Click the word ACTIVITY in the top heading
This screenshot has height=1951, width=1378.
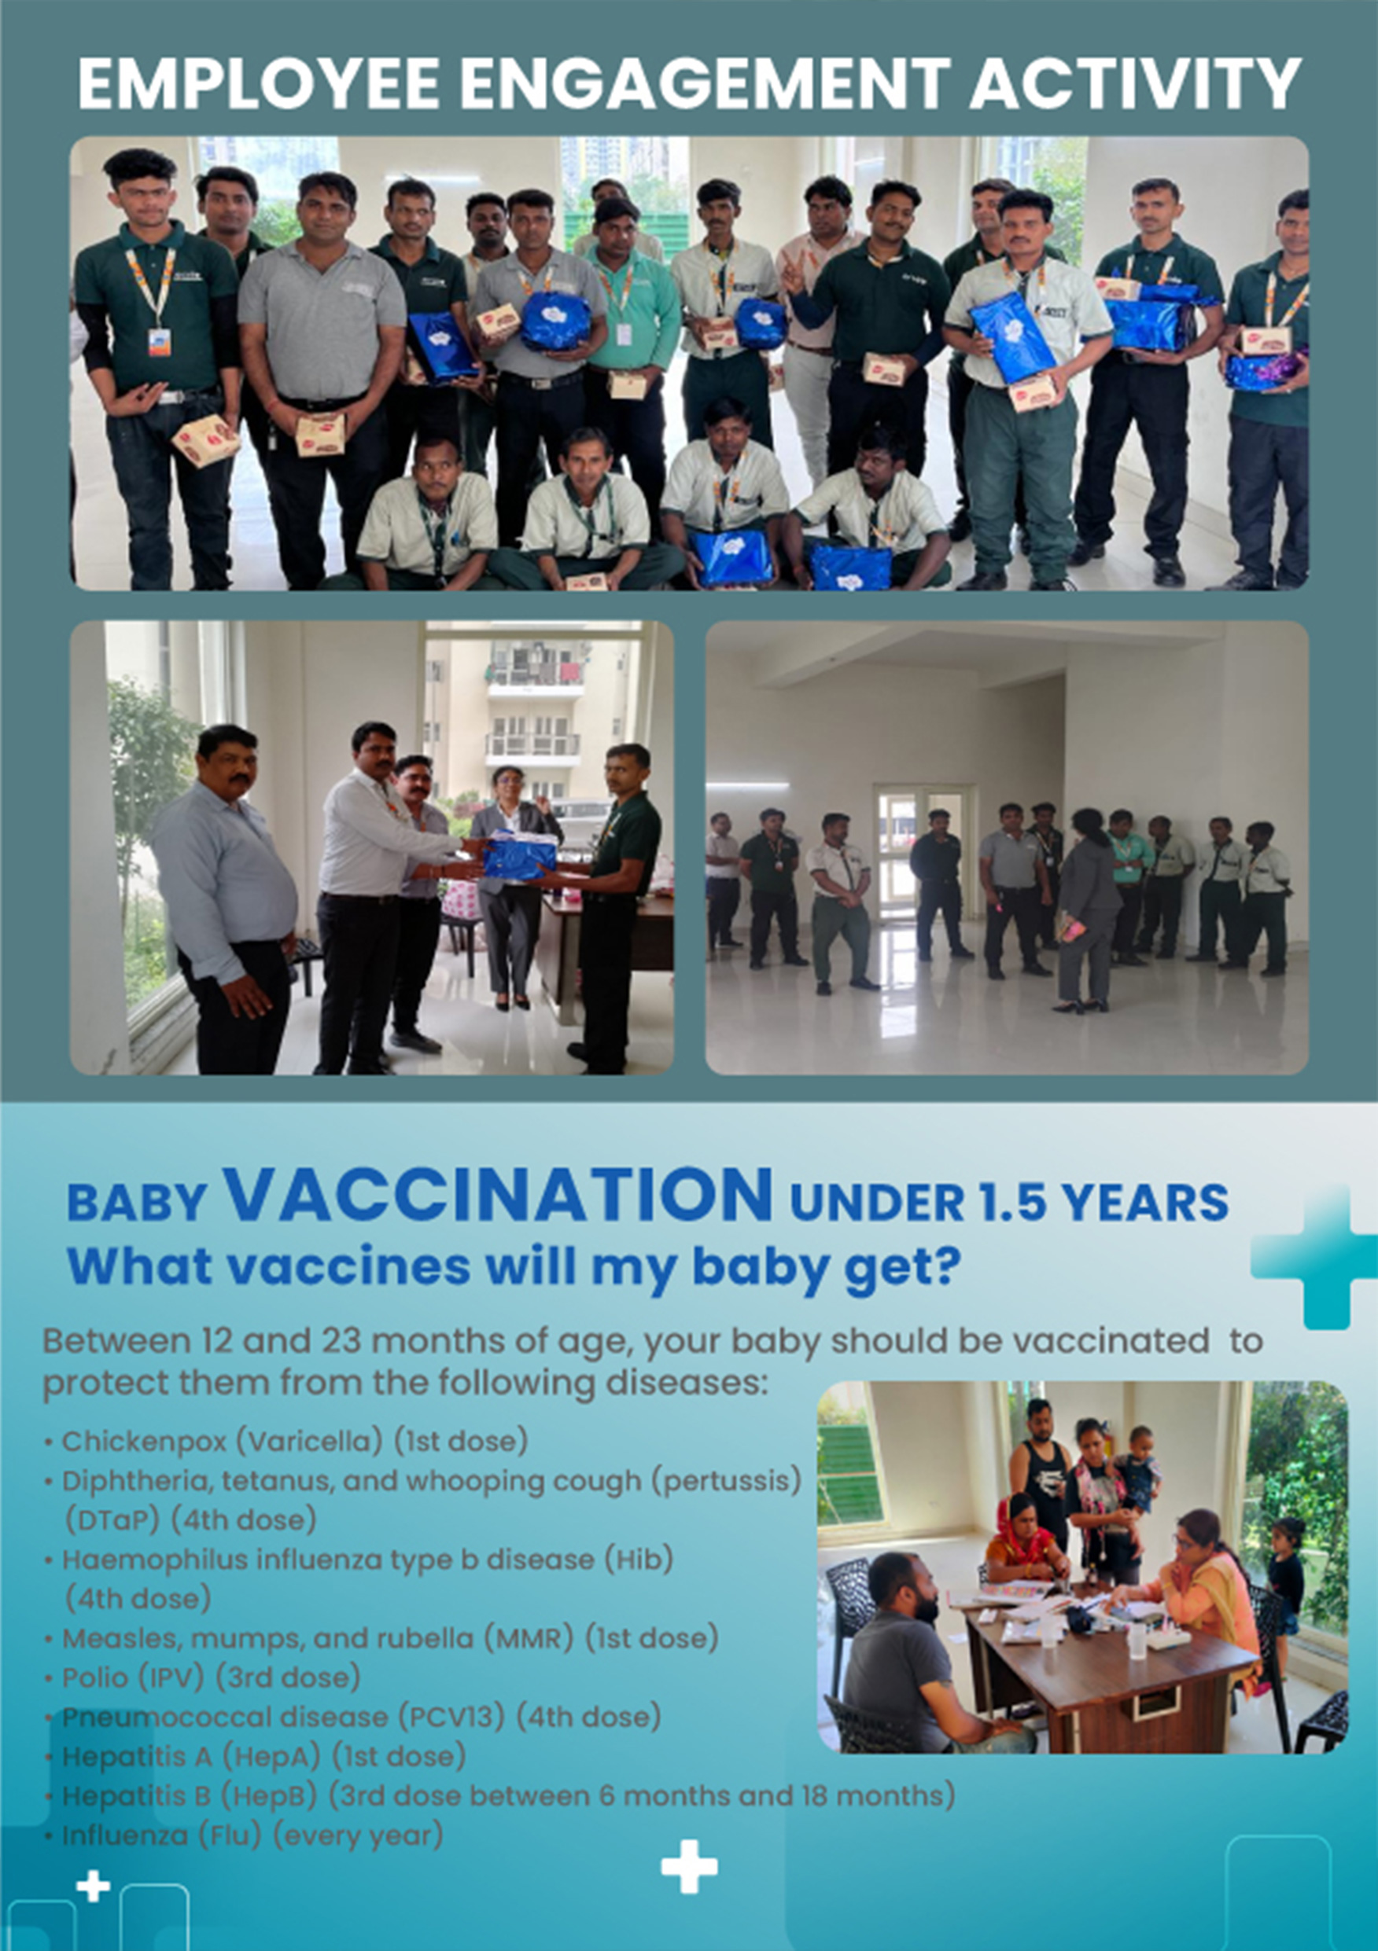(1135, 83)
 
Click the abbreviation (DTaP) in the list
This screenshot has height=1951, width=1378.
(113, 1519)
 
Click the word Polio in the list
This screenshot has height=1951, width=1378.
(92, 1677)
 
